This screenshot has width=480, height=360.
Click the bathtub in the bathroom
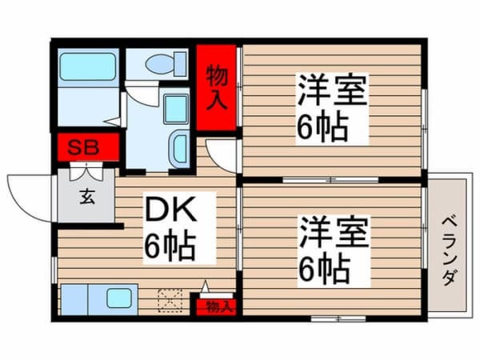87,66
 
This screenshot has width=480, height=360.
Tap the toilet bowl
161,64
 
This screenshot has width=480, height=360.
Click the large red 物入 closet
216,87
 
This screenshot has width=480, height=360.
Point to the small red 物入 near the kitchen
217,306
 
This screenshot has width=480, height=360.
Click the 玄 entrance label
87,197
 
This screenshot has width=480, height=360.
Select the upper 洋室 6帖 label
332,109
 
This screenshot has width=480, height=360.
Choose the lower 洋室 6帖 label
334,252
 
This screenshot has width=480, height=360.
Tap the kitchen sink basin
119,298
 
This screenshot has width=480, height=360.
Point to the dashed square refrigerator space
170,301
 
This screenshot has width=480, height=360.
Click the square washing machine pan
176,109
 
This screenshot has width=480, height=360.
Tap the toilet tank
181,64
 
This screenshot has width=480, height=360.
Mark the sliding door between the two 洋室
330,180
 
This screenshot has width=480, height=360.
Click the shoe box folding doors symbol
86,172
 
